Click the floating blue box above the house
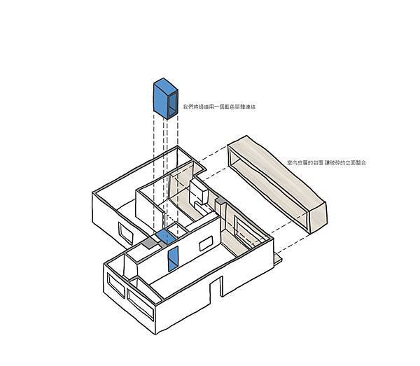(165, 99)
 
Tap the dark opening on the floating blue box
(172, 103)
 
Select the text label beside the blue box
(219, 107)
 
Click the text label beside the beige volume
(326, 162)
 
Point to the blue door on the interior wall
(173, 258)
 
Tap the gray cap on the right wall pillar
(220, 201)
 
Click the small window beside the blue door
(206, 244)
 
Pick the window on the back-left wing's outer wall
(125, 233)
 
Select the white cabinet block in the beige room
(199, 192)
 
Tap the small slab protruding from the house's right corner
(278, 259)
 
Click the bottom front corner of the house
(155, 334)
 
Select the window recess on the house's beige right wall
(243, 233)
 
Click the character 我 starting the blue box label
(185, 107)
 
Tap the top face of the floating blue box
(166, 85)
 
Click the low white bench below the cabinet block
(201, 207)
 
